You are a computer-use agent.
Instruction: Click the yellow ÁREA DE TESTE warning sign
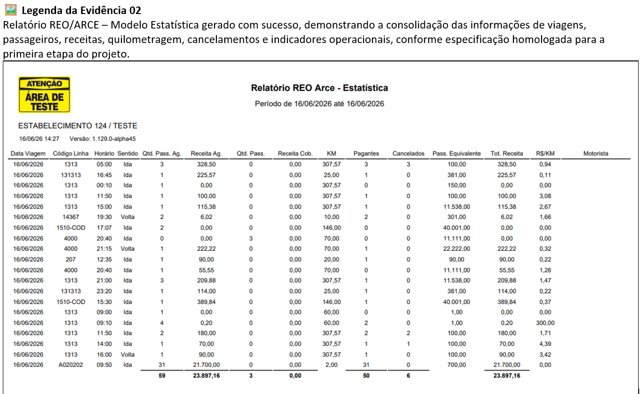tap(44, 95)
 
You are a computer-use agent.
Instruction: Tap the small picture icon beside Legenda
tap(11, 10)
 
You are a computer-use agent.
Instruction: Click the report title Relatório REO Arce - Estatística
tap(319, 88)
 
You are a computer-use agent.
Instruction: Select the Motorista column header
tap(596, 153)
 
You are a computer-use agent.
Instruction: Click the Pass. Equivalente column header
tap(457, 153)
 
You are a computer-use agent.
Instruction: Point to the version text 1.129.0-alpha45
tap(114, 139)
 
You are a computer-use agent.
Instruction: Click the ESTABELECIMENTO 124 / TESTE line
tap(78, 126)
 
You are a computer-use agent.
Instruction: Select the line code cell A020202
tap(71, 365)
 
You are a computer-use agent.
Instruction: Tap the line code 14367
tap(71, 217)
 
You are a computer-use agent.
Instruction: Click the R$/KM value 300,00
tap(545, 323)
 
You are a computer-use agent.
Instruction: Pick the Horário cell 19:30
tap(104, 217)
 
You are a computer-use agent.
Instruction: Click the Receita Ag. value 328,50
tap(207, 164)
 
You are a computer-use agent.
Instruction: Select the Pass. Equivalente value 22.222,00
tap(457, 249)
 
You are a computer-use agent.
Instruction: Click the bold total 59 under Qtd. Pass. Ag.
tap(162, 376)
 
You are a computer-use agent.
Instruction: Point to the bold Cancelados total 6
tap(408, 376)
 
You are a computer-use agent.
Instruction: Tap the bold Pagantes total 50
tap(366, 376)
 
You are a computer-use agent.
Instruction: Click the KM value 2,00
tap(332, 365)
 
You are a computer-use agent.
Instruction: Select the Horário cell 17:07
tap(104, 228)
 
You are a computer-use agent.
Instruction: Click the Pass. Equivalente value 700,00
tap(457, 365)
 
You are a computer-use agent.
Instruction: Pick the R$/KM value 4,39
tap(545, 344)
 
